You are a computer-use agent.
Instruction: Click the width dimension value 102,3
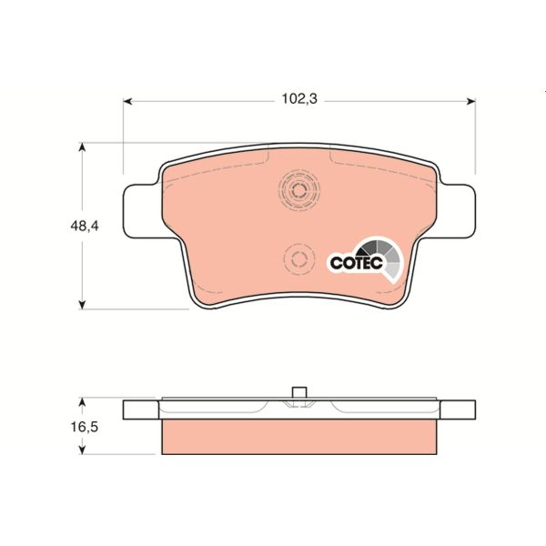tap(298, 99)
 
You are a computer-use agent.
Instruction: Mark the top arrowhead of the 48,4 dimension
tap(83, 146)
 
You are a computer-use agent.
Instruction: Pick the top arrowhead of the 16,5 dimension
tap(83, 399)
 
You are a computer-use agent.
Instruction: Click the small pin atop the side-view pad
tap(298, 392)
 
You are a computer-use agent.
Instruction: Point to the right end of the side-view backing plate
tap(462, 409)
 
